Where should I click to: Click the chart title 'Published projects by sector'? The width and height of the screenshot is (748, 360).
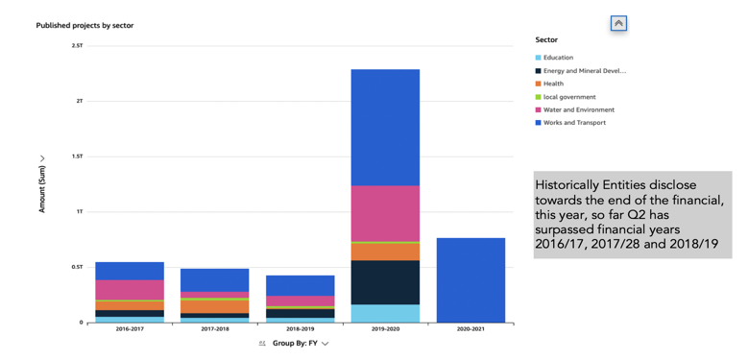(84, 25)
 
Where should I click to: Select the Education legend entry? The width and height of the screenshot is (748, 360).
(558, 58)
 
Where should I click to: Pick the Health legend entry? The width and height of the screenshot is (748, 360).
(553, 84)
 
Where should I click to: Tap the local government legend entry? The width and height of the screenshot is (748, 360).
(569, 97)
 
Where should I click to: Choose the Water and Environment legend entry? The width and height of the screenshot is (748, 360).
(578, 109)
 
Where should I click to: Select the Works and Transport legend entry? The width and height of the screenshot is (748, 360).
(573, 123)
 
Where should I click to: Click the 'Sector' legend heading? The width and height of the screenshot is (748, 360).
(546, 40)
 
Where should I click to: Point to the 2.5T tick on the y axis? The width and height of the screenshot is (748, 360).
(77, 45)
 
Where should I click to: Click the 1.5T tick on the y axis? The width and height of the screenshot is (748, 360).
(77, 156)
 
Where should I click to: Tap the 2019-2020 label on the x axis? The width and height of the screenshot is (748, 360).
(385, 329)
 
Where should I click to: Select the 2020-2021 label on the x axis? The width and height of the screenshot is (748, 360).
(471, 329)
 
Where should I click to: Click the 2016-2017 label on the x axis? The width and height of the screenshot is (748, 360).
(130, 329)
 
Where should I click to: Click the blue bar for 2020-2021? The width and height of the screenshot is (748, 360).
(471, 280)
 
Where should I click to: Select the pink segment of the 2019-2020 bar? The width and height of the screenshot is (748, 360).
(385, 213)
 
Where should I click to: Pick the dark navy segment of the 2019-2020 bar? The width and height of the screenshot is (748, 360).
(385, 282)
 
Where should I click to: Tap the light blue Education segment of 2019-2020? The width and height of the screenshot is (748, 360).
(385, 313)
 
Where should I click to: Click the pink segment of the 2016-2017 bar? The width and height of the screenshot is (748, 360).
(130, 289)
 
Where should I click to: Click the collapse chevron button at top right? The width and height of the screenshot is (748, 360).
(618, 23)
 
